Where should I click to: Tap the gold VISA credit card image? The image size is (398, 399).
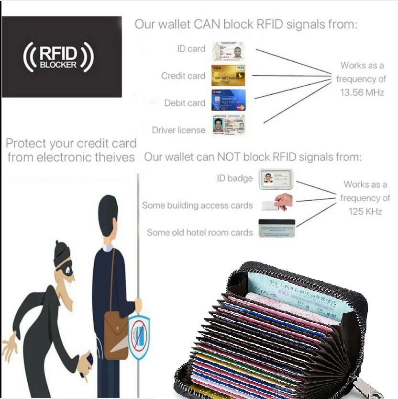[228, 76]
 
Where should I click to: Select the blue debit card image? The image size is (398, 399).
[228, 101]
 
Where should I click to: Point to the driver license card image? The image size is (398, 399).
[228, 125]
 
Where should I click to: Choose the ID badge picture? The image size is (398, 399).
[276, 178]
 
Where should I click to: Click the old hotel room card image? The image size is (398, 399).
[276, 228]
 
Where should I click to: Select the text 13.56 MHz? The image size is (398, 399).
[362, 93]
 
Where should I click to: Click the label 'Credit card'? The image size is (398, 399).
[183, 76]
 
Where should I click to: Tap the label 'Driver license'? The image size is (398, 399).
[178, 130]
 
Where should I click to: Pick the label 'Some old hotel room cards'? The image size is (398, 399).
[199, 233]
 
